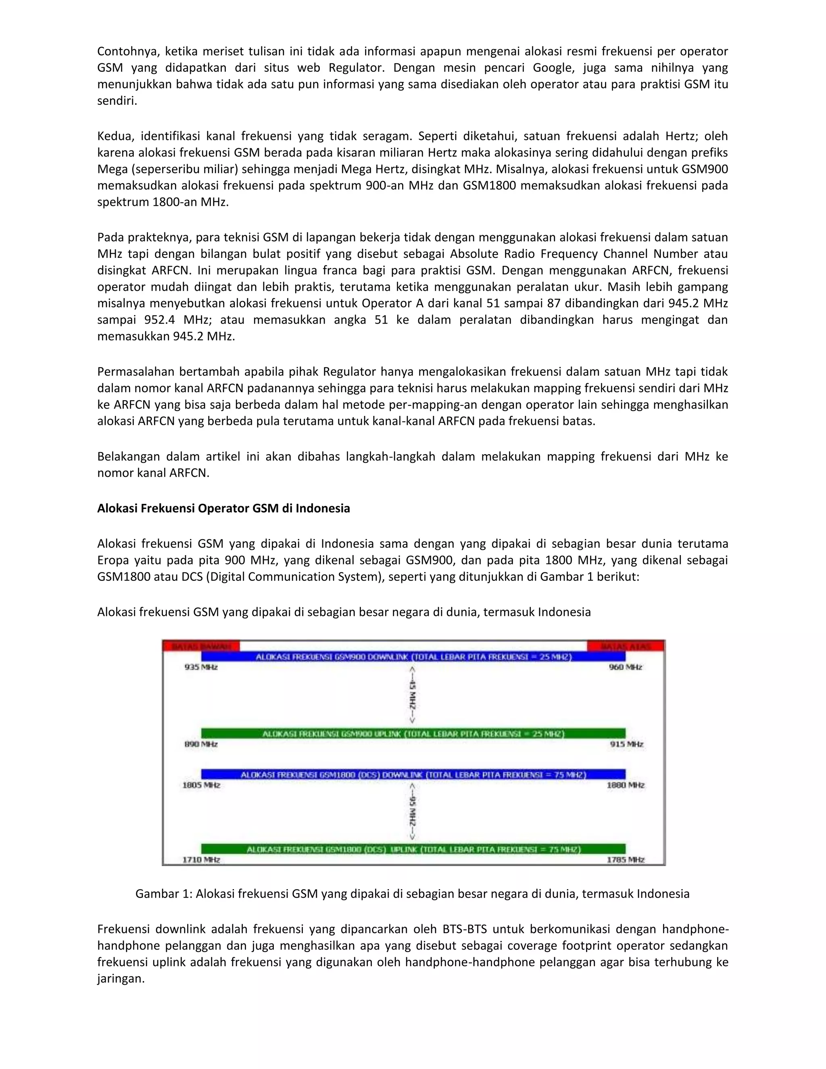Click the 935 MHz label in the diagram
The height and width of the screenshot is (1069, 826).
click(200, 667)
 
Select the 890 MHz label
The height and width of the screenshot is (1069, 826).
click(200, 744)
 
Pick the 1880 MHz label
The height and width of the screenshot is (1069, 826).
click(626, 785)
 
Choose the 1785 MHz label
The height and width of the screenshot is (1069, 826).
click(626, 860)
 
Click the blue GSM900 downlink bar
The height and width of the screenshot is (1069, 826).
click(413, 657)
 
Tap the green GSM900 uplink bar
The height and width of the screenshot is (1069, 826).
click(413, 734)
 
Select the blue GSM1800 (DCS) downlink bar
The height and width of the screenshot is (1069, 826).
click(413, 775)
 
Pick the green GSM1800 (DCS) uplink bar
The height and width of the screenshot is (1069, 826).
click(413, 849)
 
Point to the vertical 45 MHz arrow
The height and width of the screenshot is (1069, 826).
click(413, 695)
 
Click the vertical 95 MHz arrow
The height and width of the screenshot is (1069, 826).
click(413, 812)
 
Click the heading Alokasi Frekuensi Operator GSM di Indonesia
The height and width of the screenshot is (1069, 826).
click(223, 509)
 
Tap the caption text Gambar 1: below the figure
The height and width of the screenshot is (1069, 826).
click(163, 894)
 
